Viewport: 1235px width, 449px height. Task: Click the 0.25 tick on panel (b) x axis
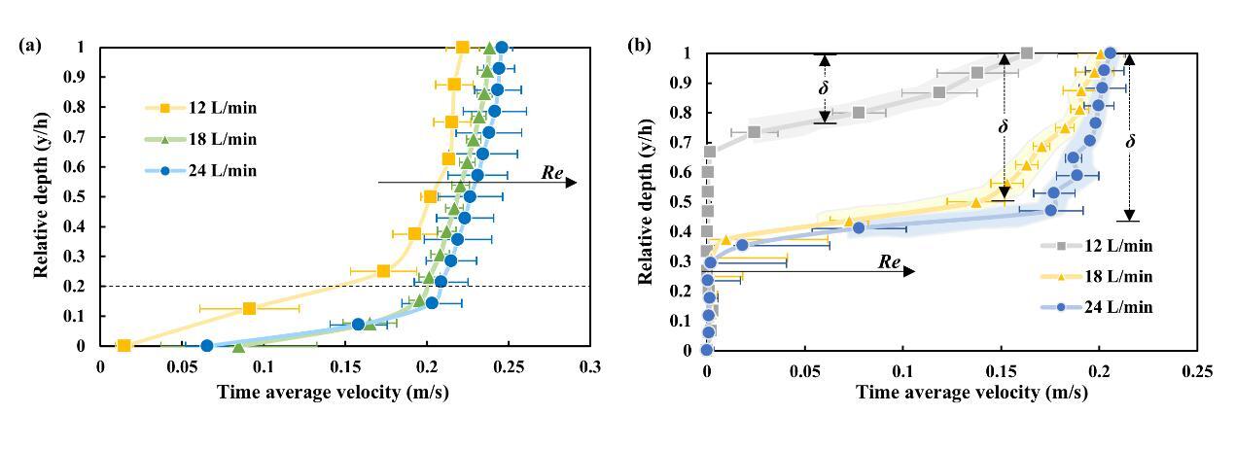coord(1197,370)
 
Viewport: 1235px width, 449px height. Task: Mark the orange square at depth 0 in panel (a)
coord(123,346)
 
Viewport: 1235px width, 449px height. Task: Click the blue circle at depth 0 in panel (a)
coord(206,346)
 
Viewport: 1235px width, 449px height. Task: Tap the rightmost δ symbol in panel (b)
coord(1130,142)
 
